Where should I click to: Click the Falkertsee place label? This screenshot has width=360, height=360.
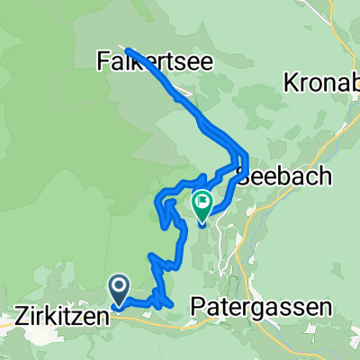[x=145, y=61]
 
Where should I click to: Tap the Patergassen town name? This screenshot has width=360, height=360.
[x=261, y=307]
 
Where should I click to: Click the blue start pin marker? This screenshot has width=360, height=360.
[x=119, y=290]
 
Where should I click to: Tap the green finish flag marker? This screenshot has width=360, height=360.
[x=202, y=204]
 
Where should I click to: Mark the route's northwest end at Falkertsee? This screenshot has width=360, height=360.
[x=129, y=49]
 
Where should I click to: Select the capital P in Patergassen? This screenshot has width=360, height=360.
[x=198, y=307]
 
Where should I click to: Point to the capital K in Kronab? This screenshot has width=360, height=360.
[x=291, y=84]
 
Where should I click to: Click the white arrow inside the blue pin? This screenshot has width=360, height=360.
[x=119, y=287]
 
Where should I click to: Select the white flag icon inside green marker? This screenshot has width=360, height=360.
[x=202, y=202]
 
